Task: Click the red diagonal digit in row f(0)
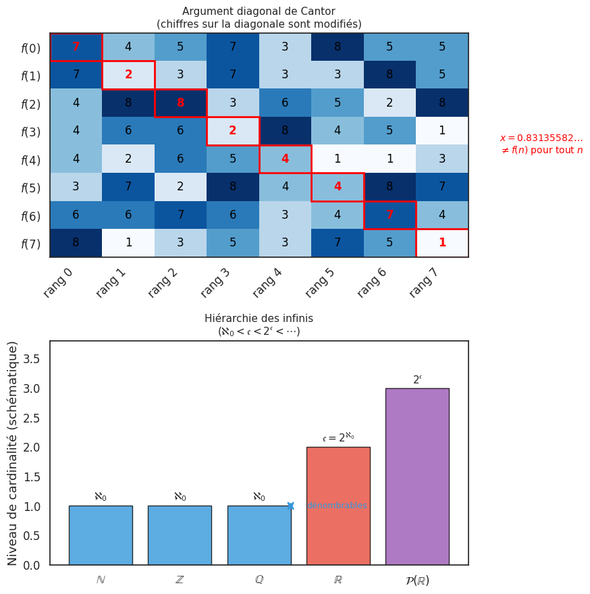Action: tap(76, 47)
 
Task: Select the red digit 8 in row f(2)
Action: tap(180, 103)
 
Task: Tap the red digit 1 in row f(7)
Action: tap(442, 243)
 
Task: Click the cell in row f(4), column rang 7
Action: tap(442, 159)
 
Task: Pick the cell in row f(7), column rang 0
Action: tap(76, 243)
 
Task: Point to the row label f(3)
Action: tap(30, 132)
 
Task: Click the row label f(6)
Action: tap(30, 216)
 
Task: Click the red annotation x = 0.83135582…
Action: tap(541, 138)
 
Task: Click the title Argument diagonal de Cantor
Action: tap(259, 11)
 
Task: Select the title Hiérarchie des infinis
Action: tap(259, 319)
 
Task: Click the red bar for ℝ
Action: tap(338, 506)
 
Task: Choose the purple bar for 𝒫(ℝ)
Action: tap(417, 476)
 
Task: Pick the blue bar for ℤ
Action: tap(180, 535)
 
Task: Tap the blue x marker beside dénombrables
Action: tap(291, 506)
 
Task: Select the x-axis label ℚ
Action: tap(259, 580)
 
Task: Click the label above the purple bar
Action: tap(417, 380)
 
